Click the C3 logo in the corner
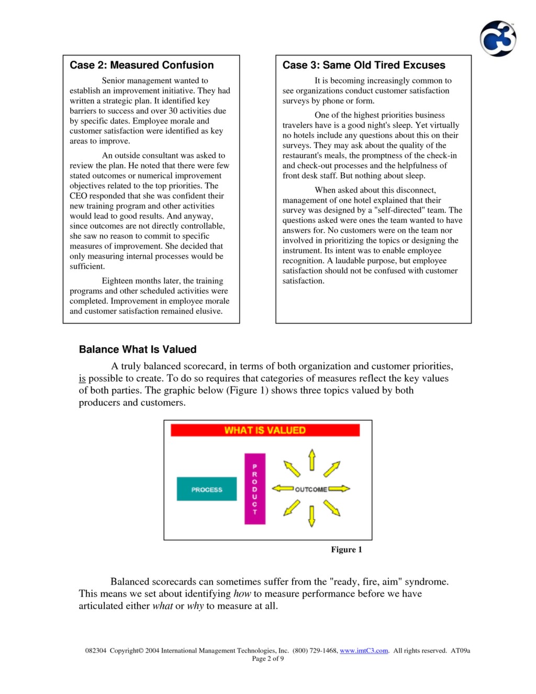tap(498, 39)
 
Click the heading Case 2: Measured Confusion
tap(141, 65)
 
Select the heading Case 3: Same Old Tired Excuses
tap(364, 65)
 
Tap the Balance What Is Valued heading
tap(138, 349)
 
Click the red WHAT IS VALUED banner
tap(265, 430)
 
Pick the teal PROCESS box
tap(207, 489)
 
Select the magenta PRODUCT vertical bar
tap(255, 489)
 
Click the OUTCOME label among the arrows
tap(311, 489)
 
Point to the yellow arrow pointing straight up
tap(312, 460)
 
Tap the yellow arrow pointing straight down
tap(312, 516)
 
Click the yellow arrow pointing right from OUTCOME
tap(339, 489)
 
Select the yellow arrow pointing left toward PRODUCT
tap(283, 489)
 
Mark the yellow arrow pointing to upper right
tap(332, 469)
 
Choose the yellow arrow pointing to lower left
tap(292, 508)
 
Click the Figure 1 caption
tap(346, 549)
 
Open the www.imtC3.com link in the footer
tap(364, 651)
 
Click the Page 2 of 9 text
tap(268, 658)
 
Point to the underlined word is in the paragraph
tap(82, 378)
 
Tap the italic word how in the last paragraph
tap(242, 593)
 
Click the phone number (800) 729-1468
tap(315, 651)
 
